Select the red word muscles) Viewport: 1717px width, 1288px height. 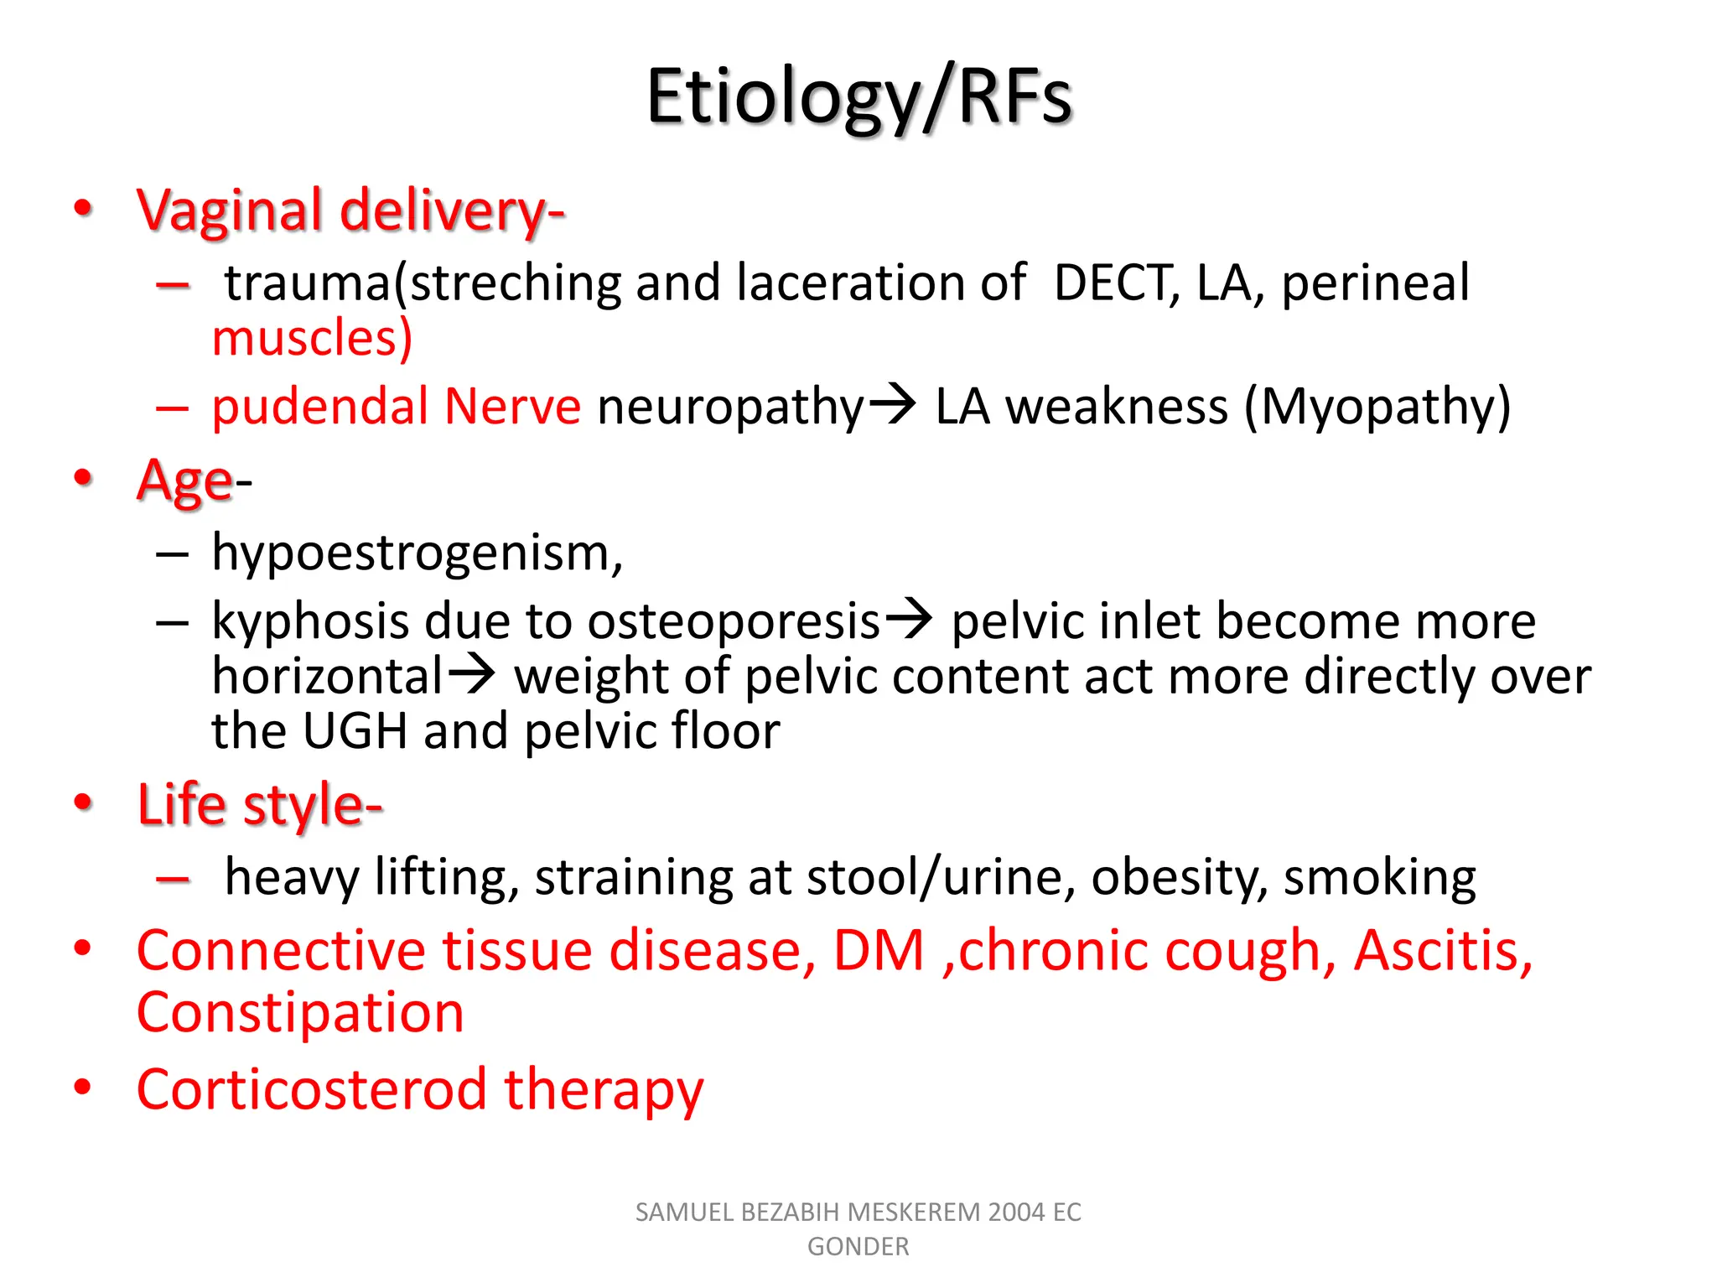click(312, 338)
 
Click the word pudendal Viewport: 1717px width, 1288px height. click(320, 407)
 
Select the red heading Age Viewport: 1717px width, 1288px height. click(185, 480)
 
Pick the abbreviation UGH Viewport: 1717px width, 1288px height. click(355, 731)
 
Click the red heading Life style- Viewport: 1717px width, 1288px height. click(260, 804)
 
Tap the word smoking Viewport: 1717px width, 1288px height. click(1379, 878)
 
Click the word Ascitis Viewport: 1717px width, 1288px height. click(1443, 951)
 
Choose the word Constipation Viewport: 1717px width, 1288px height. click(300, 1012)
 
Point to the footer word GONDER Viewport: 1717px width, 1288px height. click(858, 1247)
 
